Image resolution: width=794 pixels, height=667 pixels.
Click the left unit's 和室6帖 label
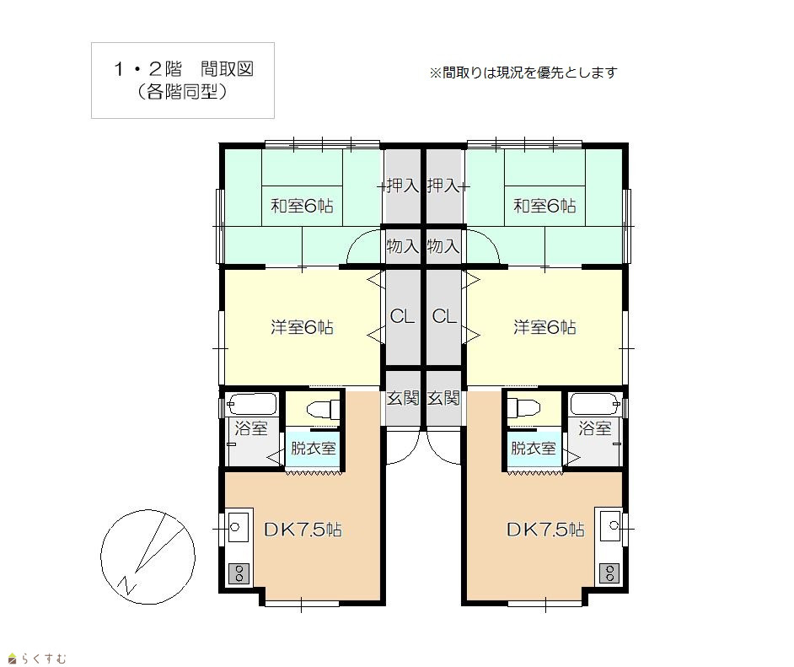pos(302,206)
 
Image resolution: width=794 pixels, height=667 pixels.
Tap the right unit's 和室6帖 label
pos(545,206)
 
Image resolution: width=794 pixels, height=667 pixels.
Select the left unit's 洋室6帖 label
pos(302,327)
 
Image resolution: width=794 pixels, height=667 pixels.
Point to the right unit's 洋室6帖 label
pos(545,327)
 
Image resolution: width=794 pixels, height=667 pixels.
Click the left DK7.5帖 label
pos(303,530)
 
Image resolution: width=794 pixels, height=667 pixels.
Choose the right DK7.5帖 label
pos(545,530)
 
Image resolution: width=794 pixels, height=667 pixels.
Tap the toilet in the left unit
pos(324,409)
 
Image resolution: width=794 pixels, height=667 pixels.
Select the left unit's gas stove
pos(239,573)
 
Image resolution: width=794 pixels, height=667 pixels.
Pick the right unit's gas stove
pos(609,573)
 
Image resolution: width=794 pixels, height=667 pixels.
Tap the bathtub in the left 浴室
pos(252,404)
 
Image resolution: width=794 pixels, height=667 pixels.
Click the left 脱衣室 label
pos(313,448)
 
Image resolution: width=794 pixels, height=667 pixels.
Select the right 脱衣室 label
pos(534,448)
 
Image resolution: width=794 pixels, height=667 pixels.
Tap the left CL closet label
pos(402,316)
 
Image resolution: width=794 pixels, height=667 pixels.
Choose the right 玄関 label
pos(443,398)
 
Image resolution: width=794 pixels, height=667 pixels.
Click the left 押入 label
pos(403,186)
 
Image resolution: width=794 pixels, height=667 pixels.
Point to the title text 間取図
pos(227,69)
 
